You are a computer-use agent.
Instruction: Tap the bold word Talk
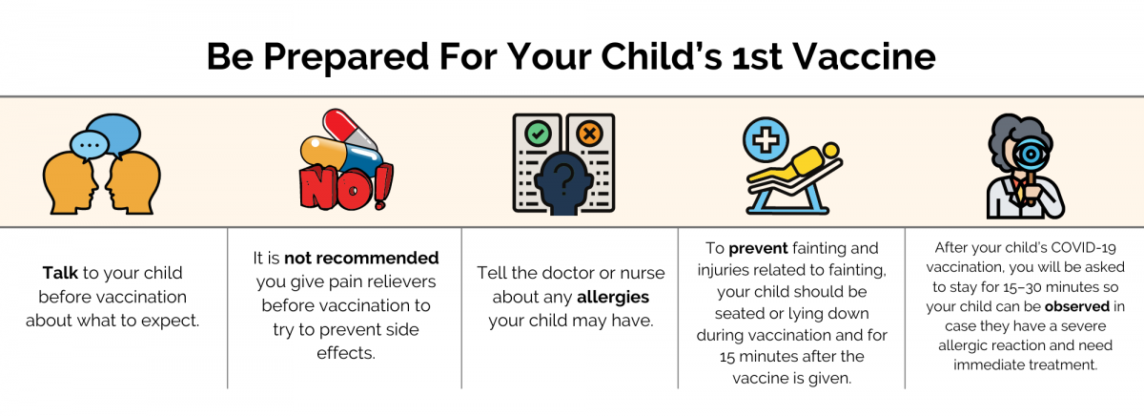(60, 273)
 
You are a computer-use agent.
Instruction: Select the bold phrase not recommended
(361, 258)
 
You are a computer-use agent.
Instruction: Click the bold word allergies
(613, 297)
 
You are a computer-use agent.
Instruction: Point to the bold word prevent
(758, 248)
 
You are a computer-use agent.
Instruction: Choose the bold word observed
(1077, 306)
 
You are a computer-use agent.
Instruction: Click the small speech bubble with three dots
(90, 146)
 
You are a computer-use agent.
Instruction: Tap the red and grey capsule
(351, 130)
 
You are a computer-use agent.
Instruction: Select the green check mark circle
(538, 134)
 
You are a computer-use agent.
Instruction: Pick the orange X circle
(589, 134)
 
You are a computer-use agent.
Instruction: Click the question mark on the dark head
(563, 180)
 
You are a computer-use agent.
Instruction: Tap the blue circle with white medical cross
(766, 140)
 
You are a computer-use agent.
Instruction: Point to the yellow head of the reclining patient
(831, 150)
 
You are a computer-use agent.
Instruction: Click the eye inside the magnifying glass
(1031, 155)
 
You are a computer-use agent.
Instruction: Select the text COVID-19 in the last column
(1076, 248)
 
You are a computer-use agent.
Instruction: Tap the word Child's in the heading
(662, 56)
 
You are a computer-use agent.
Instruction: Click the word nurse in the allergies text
(642, 274)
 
